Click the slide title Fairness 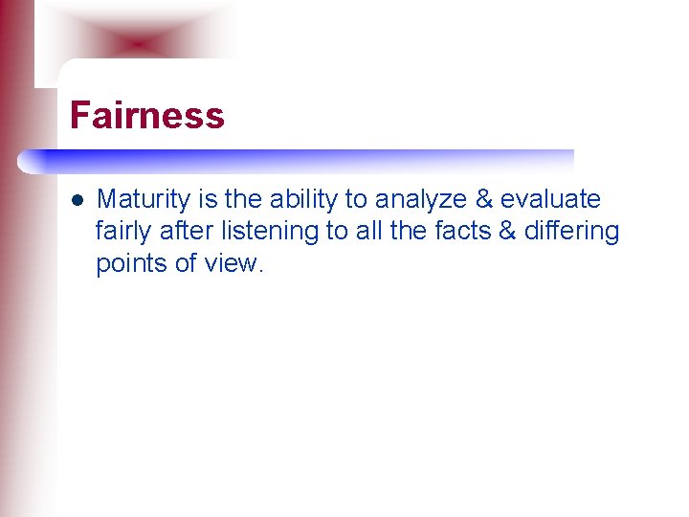[147, 116]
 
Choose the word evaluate [550, 199]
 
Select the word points [131, 263]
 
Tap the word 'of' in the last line [186, 262]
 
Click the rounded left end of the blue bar [26, 162]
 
